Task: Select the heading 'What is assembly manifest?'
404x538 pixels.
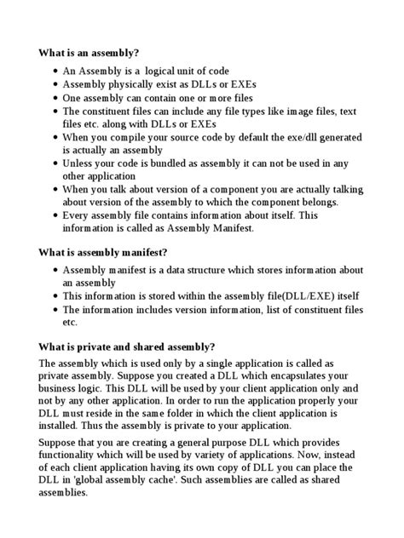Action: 103,252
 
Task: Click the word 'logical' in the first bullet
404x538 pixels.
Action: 164,71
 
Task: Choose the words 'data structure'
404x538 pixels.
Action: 192,270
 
